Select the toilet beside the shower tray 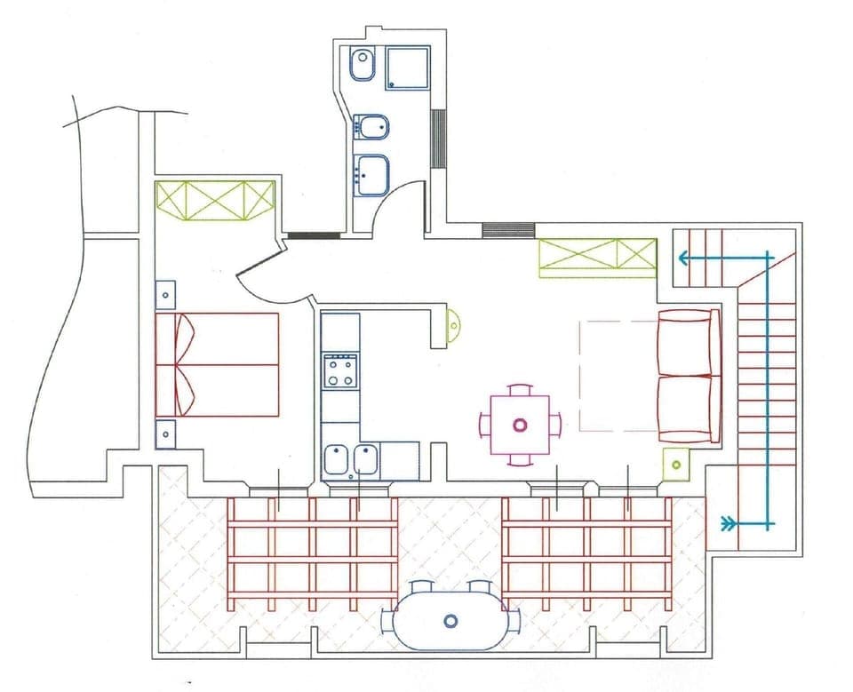(362, 65)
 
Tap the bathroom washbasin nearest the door (371, 173)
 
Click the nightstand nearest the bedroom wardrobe (165, 292)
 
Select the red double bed (217, 364)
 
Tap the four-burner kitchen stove (340, 370)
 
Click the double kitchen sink (351, 460)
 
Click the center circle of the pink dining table (520, 425)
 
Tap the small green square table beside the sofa (677, 464)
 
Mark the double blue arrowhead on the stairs (729, 523)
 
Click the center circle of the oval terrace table (450, 620)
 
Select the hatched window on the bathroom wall (437, 138)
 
